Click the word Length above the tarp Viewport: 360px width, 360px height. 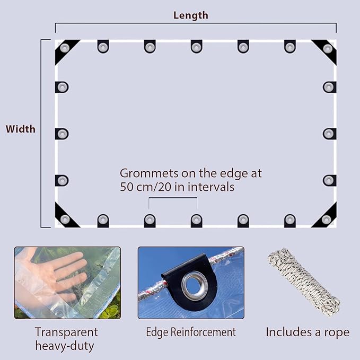pos(190,15)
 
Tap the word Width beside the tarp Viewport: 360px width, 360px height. pos(21,129)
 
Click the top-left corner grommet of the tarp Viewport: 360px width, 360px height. pos(65,48)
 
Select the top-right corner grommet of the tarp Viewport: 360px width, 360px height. pos(328,48)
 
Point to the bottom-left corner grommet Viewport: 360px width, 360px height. pos(65,219)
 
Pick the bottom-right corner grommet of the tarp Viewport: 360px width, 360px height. pos(326,219)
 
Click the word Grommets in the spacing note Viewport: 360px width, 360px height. pos(149,173)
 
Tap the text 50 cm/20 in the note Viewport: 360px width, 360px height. pos(146,187)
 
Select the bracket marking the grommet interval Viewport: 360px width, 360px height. pos(173,198)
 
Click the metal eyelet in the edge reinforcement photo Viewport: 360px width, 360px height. pos(195,283)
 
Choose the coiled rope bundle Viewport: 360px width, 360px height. pos(304,282)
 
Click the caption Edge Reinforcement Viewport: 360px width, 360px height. pos(191,332)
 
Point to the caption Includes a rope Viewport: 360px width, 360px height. pos(308,332)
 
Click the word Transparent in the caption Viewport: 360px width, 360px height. pos(67,332)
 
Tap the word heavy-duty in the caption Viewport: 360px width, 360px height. pos(65,346)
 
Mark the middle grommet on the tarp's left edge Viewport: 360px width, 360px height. pos(62,134)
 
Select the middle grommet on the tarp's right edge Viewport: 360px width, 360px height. pos(329,134)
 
